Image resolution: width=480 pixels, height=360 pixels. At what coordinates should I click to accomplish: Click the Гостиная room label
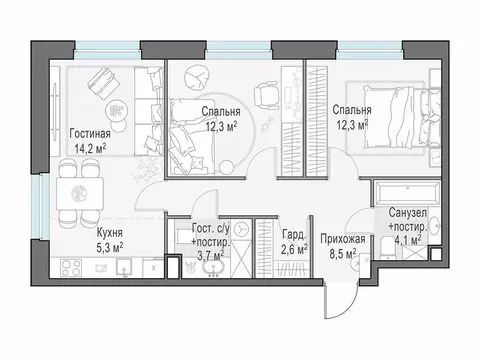(x=90, y=134)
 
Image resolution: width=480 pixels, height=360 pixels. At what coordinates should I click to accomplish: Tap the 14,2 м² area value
(x=90, y=148)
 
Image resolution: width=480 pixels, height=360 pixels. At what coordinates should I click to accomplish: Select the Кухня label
(x=110, y=233)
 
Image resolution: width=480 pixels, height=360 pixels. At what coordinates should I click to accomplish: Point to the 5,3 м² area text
(x=110, y=247)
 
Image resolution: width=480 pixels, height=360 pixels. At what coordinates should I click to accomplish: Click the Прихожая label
(x=343, y=239)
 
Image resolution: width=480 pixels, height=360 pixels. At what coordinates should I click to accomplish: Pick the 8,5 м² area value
(x=343, y=254)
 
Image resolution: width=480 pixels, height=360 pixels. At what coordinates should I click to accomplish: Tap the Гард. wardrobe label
(x=294, y=235)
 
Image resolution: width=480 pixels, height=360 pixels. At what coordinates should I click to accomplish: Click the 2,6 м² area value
(x=294, y=249)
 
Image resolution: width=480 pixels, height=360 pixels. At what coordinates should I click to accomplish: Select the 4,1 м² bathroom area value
(x=407, y=239)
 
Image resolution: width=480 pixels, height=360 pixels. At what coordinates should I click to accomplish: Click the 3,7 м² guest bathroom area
(x=211, y=256)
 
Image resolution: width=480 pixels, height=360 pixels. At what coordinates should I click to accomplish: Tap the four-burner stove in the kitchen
(x=71, y=268)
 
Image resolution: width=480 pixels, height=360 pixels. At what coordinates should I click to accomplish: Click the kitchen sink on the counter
(x=124, y=268)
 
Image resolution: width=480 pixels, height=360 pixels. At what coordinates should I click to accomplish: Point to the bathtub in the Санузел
(x=407, y=193)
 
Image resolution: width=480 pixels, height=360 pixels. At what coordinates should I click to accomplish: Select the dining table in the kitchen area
(x=80, y=193)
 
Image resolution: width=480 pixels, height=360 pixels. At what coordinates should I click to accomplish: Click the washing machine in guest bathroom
(x=241, y=229)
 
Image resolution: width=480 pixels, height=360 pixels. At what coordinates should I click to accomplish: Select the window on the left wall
(x=35, y=206)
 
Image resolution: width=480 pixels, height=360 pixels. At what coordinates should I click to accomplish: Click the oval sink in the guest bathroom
(x=213, y=268)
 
